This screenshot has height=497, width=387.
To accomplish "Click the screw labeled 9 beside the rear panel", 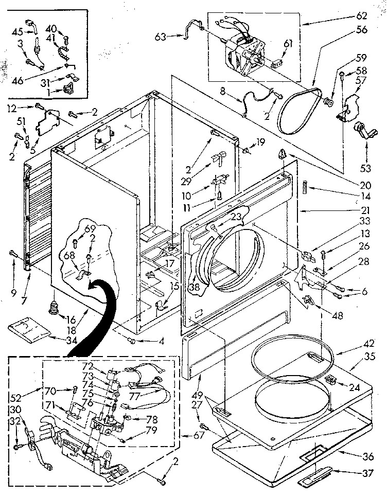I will (x=11, y=252).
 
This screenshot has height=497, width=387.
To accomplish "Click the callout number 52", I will (x=16, y=397).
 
